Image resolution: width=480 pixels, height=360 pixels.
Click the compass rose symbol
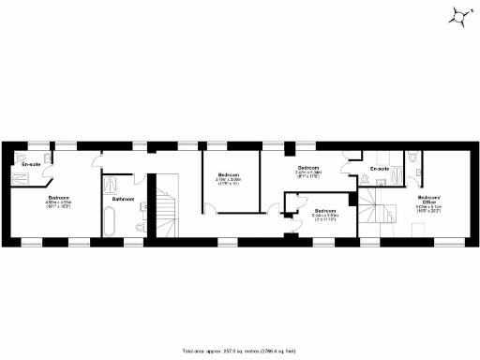(x=458, y=16)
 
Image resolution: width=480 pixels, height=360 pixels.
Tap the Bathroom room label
(x=123, y=199)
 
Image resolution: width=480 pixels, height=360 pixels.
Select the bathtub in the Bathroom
(x=109, y=223)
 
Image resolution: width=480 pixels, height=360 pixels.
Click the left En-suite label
(x=31, y=165)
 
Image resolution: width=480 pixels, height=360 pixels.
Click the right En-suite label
(x=379, y=169)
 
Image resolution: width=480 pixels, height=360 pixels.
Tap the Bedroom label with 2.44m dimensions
(x=325, y=211)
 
